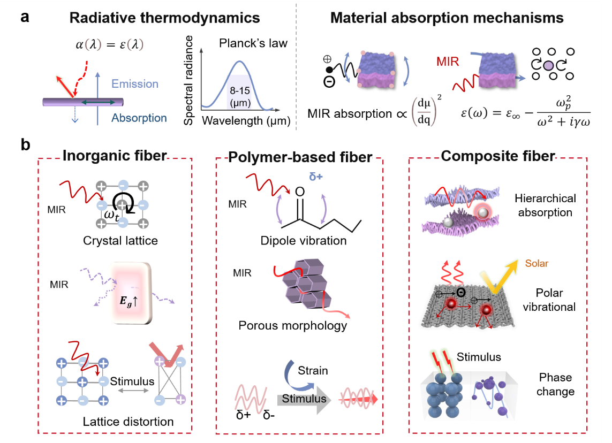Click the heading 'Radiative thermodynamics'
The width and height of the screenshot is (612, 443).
click(x=164, y=18)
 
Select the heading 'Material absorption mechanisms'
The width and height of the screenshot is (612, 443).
click(x=447, y=18)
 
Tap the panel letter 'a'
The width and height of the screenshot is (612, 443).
click(x=25, y=16)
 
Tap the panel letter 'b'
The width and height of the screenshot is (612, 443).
click(x=25, y=144)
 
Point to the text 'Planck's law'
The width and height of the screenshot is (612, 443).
click(x=253, y=43)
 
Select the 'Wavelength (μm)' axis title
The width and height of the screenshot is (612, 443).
click(x=246, y=121)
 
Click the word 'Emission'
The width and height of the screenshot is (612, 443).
click(x=135, y=84)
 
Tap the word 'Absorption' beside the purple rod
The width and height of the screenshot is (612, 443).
click(x=139, y=118)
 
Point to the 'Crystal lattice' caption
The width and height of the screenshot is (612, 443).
click(x=120, y=240)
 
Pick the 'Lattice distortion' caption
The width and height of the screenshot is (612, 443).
click(x=128, y=422)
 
